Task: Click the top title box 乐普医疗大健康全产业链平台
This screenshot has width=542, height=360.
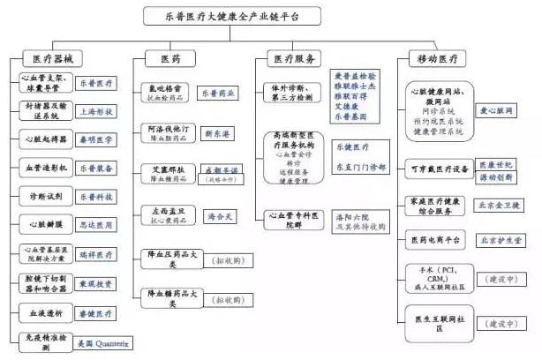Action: (x=271, y=16)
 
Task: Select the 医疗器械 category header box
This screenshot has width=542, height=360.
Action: (x=51, y=58)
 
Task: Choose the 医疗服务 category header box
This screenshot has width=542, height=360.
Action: (x=293, y=58)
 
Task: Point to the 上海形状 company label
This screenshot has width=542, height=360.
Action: (x=97, y=112)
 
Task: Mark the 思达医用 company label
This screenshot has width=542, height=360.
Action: (x=97, y=225)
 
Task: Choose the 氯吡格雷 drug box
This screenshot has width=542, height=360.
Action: (x=163, y=92)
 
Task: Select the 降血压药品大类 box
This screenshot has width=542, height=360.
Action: (x=163, y=258)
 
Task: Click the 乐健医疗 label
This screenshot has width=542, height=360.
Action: (x=354, y=146)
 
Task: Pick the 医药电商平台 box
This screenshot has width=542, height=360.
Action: (x=439, y=239)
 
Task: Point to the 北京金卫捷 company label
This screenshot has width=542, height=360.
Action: (x=501, y=206)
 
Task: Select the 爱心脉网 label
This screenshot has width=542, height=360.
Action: (x=500, y=110)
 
